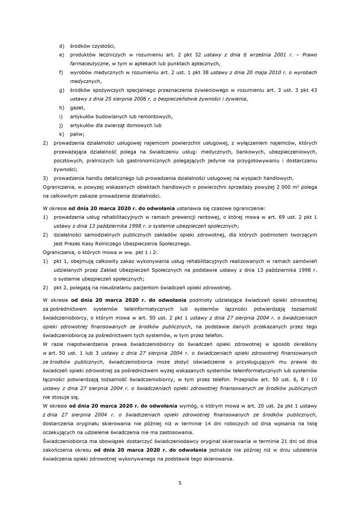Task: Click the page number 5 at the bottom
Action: pos(180,481)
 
